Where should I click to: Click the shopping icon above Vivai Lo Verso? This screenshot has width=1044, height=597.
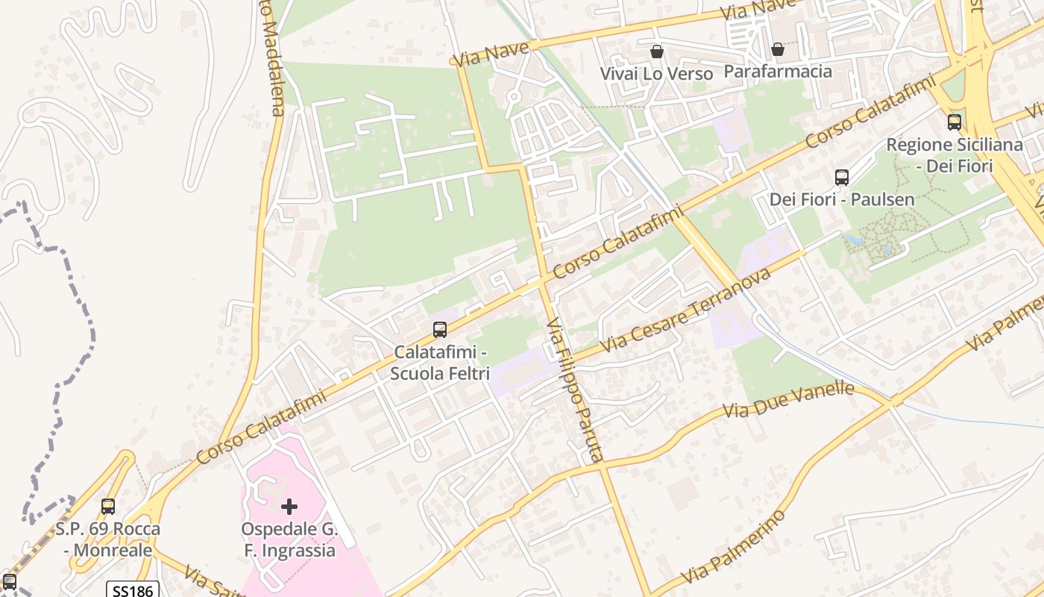point(657,51)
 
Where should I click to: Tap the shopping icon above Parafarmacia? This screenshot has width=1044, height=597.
point(778,50)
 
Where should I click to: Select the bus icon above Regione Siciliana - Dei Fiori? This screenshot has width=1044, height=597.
point(955,122)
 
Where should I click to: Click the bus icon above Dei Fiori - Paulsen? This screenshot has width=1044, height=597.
point(842,178)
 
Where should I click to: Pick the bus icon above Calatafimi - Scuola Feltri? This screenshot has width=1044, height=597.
point(440,330)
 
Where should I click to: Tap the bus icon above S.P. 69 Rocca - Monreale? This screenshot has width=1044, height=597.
point(108,507)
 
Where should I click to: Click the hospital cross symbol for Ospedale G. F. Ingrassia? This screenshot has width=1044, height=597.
point(289,507)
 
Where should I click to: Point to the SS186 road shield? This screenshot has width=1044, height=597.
point(132,590)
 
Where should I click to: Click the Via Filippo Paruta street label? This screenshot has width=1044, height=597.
point(574,391)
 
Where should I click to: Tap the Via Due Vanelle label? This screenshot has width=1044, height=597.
point(789,401)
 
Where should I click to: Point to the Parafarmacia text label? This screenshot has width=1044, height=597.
point(778,72)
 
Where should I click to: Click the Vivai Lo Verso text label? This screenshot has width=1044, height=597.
point(657,74)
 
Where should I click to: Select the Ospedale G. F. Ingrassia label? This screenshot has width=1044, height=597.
point(289,540)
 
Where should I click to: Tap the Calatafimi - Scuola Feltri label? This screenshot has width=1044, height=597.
point(440,362)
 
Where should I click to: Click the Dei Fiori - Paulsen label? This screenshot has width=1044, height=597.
point(842,200)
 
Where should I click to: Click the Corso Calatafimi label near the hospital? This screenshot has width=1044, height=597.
point(262,428)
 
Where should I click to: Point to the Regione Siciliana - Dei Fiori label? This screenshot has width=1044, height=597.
point(955,154)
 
